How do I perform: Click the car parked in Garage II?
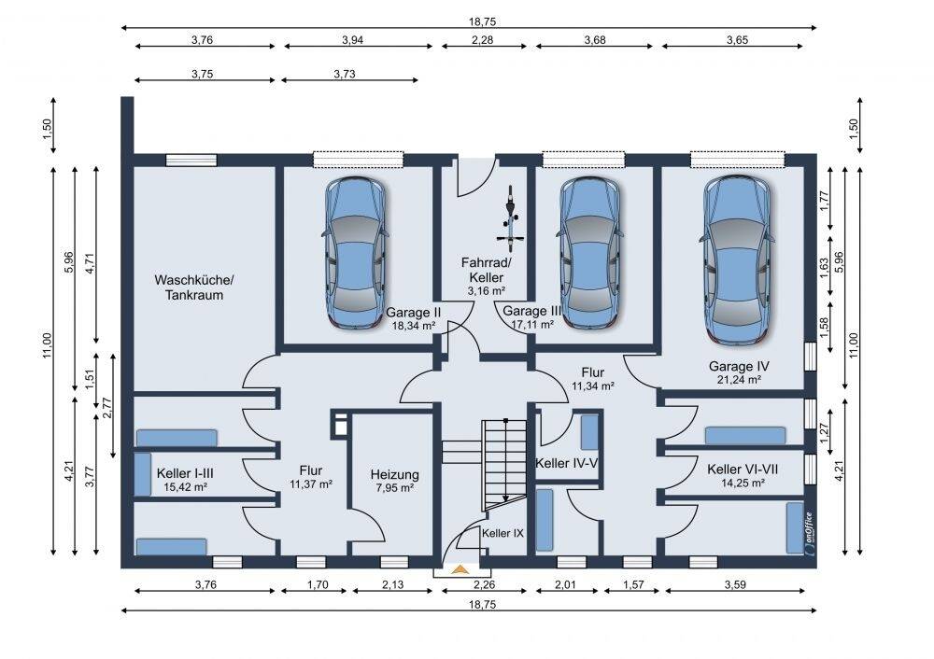pos(356,252)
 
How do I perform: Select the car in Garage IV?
pos(738,259)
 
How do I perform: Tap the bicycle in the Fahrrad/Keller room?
pos(510,217)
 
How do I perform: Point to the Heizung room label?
pos(394,474)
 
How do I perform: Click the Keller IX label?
pos(502,533)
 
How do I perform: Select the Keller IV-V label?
pos(567,463)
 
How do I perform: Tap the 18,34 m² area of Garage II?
pos(414,326)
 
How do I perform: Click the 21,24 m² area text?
pos(739,380)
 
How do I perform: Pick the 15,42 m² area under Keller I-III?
pos(185,487)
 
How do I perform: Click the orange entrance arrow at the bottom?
pos(458,569)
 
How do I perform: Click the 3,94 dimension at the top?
pos(353,40)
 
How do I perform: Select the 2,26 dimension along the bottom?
pos(483,584)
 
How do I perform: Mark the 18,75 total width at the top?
pos(482,21)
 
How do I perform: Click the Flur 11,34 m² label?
pos(593,379)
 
